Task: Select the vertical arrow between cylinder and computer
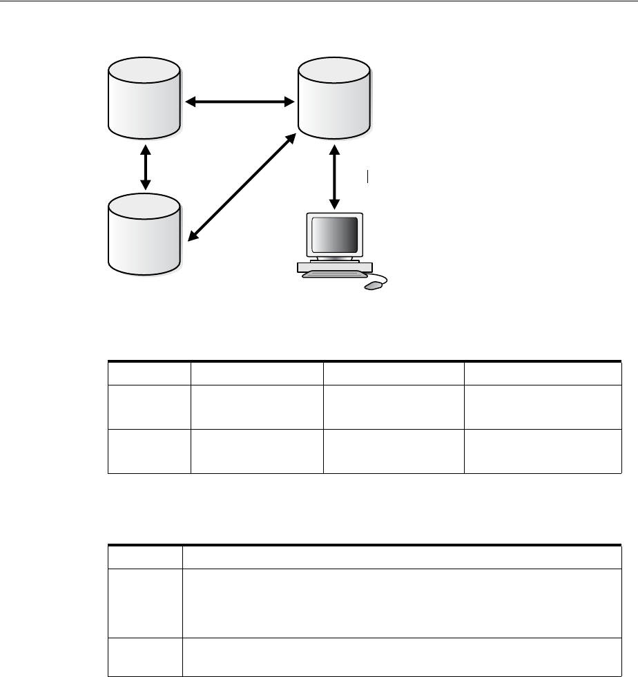pos(335,177)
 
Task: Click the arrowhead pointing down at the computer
pos(335,203)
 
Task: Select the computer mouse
pos(372,286)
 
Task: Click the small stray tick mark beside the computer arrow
pos(369,176)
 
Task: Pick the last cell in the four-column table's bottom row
pos(543,452)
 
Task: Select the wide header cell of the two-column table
pos(401,557)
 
